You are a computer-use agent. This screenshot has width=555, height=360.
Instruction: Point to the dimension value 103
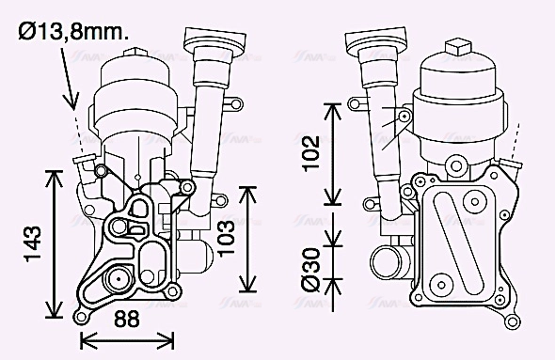pos(225,239)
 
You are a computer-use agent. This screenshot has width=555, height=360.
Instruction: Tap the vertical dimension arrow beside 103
pos(247,239)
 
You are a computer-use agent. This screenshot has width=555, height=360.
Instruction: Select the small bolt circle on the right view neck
pos(404,117)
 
